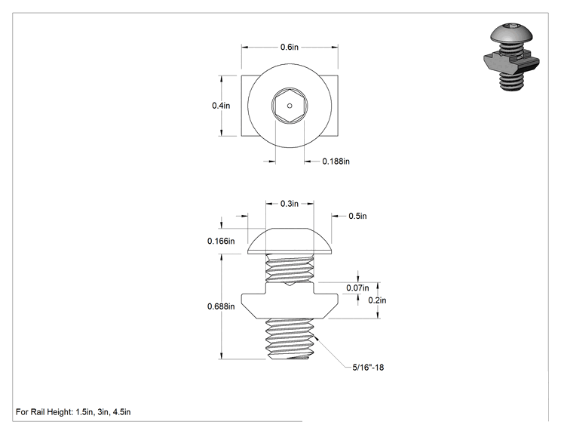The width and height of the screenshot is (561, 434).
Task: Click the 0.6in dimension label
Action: click(x=289, y=47)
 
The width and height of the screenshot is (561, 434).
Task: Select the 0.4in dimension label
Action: click(x=221, y=106)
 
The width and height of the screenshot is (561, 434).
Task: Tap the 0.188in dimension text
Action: click(x=336, y=162)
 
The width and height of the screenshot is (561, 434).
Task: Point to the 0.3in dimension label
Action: click(x=289, y=204)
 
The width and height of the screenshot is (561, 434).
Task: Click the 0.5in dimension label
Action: click(x=357, y=216)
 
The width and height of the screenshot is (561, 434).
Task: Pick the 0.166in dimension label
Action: click(x=221, y=241)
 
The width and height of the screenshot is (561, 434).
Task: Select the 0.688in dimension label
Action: click(x=221, y=306)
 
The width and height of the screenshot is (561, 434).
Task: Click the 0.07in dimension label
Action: click(x=357, y=288)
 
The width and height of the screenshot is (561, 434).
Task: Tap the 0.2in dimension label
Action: click(x=377, y=300)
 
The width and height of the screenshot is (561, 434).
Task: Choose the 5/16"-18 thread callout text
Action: click(x=368, y=368)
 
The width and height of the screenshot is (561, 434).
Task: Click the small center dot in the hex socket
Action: click(x=290, y=106)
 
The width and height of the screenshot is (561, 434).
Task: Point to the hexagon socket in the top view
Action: click(x=290, y=106)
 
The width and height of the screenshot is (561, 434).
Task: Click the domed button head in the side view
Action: click(x=290, y=241)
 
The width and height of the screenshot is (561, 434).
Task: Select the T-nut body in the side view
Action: click(x=290, y=301)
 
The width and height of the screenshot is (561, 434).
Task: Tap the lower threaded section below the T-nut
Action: click(x=290, y=339)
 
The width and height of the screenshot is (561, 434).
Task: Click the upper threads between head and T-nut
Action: click(x=290, y=268)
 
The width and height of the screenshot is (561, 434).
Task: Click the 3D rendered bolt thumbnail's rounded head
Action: click(x=511, y=33)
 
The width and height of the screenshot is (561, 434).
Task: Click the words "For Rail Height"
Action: click(x=44, y=412)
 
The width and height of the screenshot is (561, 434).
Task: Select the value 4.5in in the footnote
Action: click(x=121, y=412)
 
